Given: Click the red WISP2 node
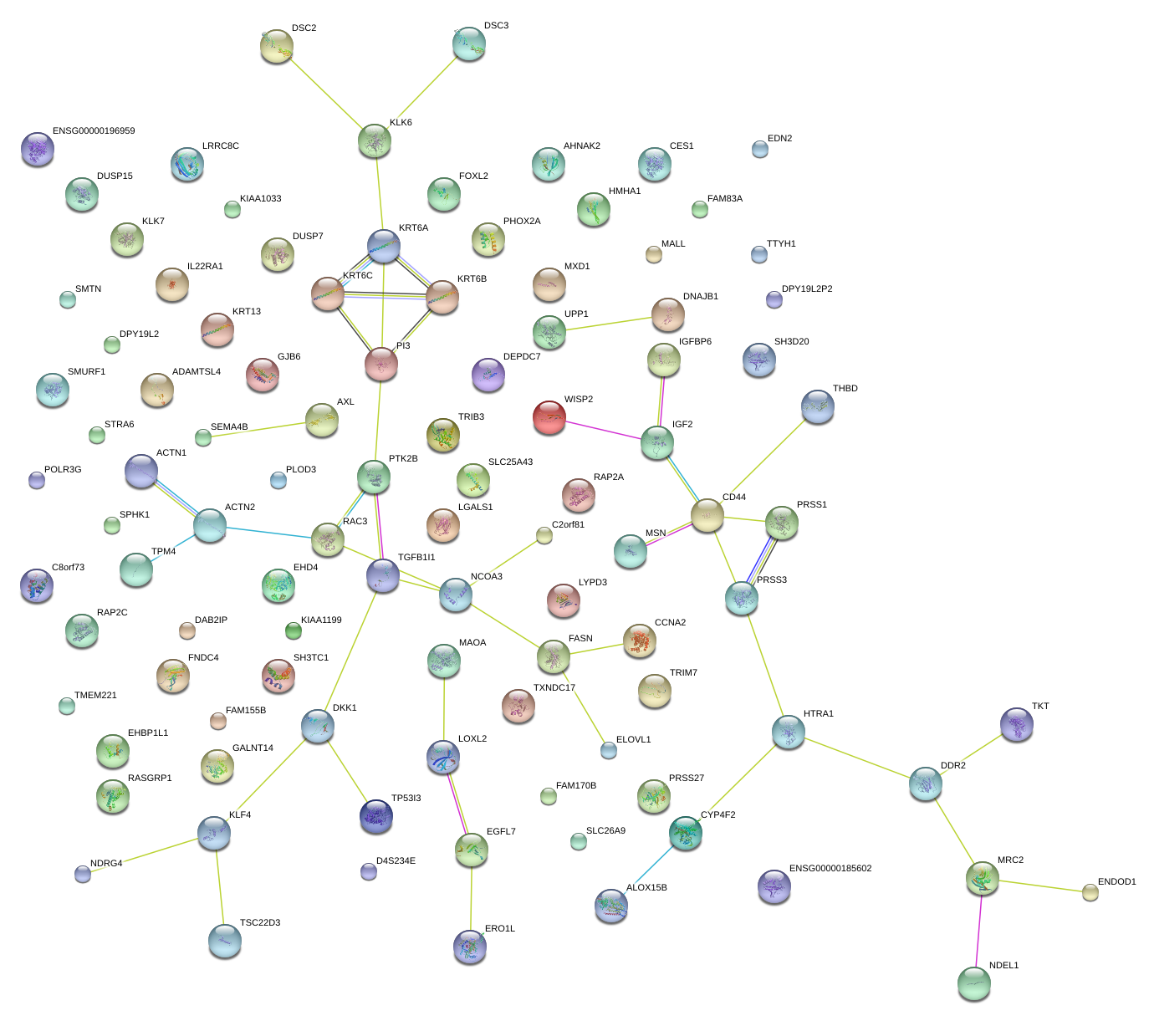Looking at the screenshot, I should (x=549, y=416).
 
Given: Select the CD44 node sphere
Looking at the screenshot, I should (x=707, y=515).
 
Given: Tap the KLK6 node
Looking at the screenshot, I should (x=375, y=140).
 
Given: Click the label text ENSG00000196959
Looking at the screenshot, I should (x=94, y=131).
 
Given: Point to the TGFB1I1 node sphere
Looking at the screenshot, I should (x=383, y=575).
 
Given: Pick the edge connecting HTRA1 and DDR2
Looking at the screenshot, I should (x=857, y=758).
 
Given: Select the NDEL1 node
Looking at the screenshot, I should (x=974, y=983).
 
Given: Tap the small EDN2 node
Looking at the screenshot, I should (x=760, y=149).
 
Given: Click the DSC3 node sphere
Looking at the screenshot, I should (x=469, y=43).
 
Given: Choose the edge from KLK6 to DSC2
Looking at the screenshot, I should (x=326, y=94).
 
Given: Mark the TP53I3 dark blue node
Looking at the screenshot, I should (x=376, y=816).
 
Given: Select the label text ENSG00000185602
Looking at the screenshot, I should (x=830, y=869).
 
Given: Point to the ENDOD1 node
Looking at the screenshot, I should (x=1090, y=892).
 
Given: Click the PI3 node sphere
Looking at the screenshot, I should (x=381, y=363).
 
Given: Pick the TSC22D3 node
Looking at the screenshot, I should (x=225, y=940).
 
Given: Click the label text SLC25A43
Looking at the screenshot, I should (x=510, y=462).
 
